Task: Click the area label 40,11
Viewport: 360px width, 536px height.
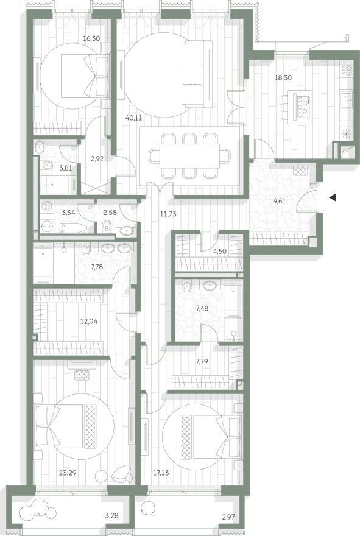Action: (133, 118)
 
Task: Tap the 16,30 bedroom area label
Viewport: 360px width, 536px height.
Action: (91, 38)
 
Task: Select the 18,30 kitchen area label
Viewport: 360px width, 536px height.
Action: (283, 77)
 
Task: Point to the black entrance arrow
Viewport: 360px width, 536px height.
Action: (333, 197)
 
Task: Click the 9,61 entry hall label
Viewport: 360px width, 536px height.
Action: (279, 201)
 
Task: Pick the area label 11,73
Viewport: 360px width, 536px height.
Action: (168, 214)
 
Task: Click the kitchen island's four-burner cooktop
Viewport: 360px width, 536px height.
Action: (303, 102)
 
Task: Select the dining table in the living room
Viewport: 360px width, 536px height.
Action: (189, 156)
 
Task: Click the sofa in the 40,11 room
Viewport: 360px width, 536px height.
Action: (197, 74)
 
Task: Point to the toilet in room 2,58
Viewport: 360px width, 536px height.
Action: (107, 225)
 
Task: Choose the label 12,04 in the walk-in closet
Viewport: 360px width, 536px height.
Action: (88, 322)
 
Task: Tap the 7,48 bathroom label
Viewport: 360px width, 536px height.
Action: (202, 308)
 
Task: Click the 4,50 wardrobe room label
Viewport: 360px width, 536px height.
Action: (220, 251)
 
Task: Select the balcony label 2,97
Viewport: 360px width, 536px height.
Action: (228, 517)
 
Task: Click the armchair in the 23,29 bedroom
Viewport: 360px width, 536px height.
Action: (122, 473)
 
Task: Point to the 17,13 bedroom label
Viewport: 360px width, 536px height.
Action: (161, 473)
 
